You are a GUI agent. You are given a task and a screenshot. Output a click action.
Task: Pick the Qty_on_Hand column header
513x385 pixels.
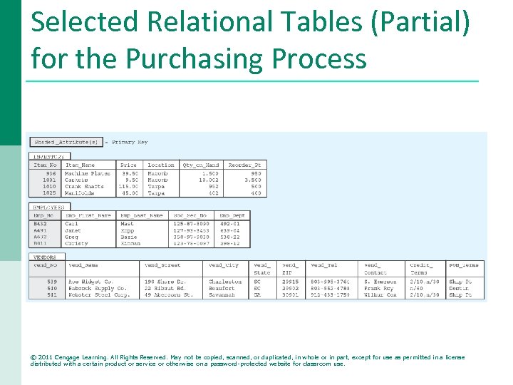point(202,165)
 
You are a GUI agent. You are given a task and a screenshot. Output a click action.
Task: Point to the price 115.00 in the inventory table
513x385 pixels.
point(128,187)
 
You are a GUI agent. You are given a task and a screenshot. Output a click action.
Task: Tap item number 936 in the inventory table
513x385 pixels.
point(51,173)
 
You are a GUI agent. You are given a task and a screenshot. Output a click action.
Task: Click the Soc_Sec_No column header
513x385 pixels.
point(192,215)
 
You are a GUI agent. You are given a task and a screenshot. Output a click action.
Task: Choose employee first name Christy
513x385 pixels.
point(76,244)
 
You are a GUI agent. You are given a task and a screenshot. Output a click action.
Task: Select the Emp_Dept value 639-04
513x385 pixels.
point(230,230)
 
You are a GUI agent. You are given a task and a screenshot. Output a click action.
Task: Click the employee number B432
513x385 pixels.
point(41,224)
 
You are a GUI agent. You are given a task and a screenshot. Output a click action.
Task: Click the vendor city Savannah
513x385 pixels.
point(223,294)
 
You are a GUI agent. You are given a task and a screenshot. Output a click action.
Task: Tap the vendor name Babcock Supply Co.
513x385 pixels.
point(98,288)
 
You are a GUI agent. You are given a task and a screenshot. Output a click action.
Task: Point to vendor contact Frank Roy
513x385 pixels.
point(378,288)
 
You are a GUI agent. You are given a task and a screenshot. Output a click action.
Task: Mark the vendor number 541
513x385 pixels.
point(52,294)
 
